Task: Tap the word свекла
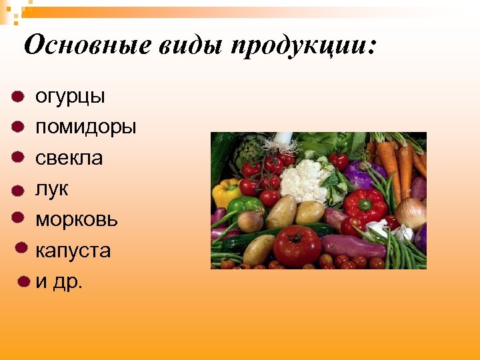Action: click(x=69, y=159)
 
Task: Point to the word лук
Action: click(x=51, y=189)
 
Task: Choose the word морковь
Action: click(x=76, y=220)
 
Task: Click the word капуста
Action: click(x=73, y=251)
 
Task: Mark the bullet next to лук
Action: click(x=18, y=190)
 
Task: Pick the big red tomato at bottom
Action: click(x=296, y=245)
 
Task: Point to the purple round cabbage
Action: click(x=363, y=175)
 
